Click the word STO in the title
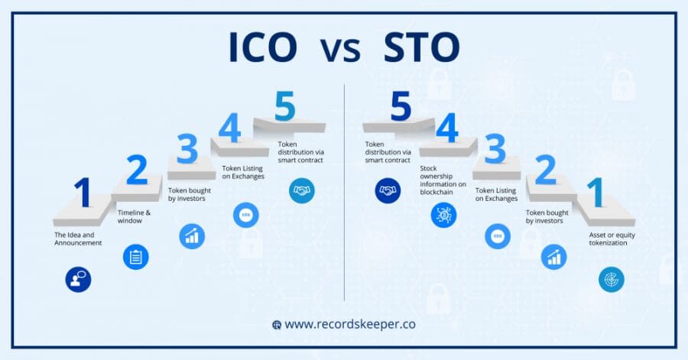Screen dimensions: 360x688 (424, 48)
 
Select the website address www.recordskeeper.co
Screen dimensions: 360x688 (350, 324)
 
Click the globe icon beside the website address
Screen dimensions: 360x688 (277, 325)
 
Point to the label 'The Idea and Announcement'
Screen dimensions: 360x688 (78, 238)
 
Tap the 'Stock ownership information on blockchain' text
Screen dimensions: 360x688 (443, 178)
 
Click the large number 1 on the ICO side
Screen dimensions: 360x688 (83, 193)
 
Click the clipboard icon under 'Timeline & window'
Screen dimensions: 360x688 (136, 257)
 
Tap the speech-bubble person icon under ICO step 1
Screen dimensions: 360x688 (78, 280)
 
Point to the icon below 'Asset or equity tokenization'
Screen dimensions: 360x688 (612, 279)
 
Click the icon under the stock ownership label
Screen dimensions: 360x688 (443, 215)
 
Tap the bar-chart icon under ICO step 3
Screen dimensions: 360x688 (192, 236)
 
